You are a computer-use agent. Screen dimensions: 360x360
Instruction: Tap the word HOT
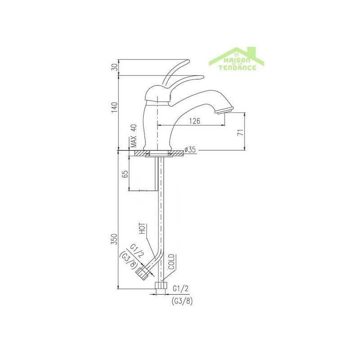pyautogui.click(x=142, y=229)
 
